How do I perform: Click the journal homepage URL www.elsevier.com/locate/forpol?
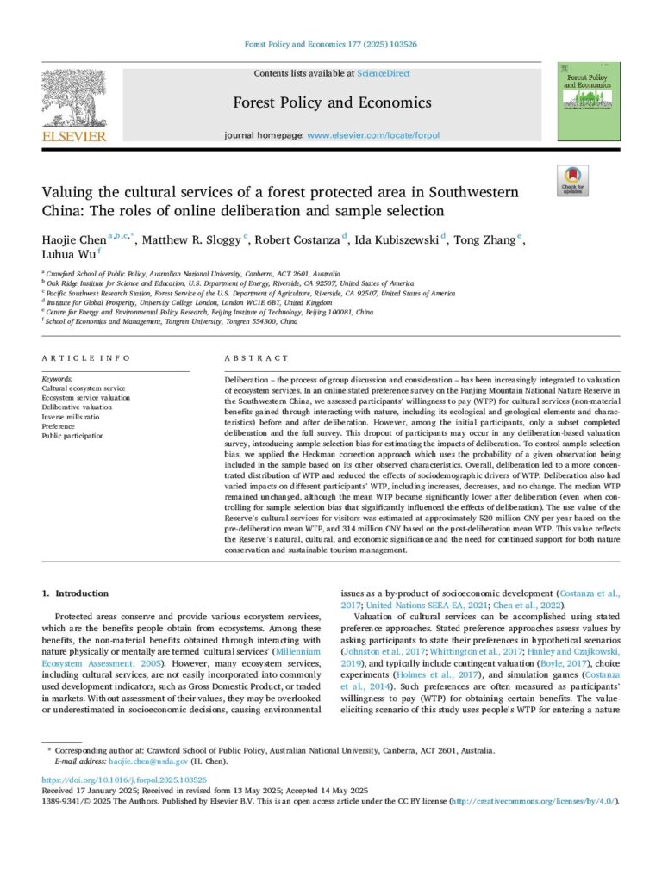369,136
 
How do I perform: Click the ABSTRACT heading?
257,358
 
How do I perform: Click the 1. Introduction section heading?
76,593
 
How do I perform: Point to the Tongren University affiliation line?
172,320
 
